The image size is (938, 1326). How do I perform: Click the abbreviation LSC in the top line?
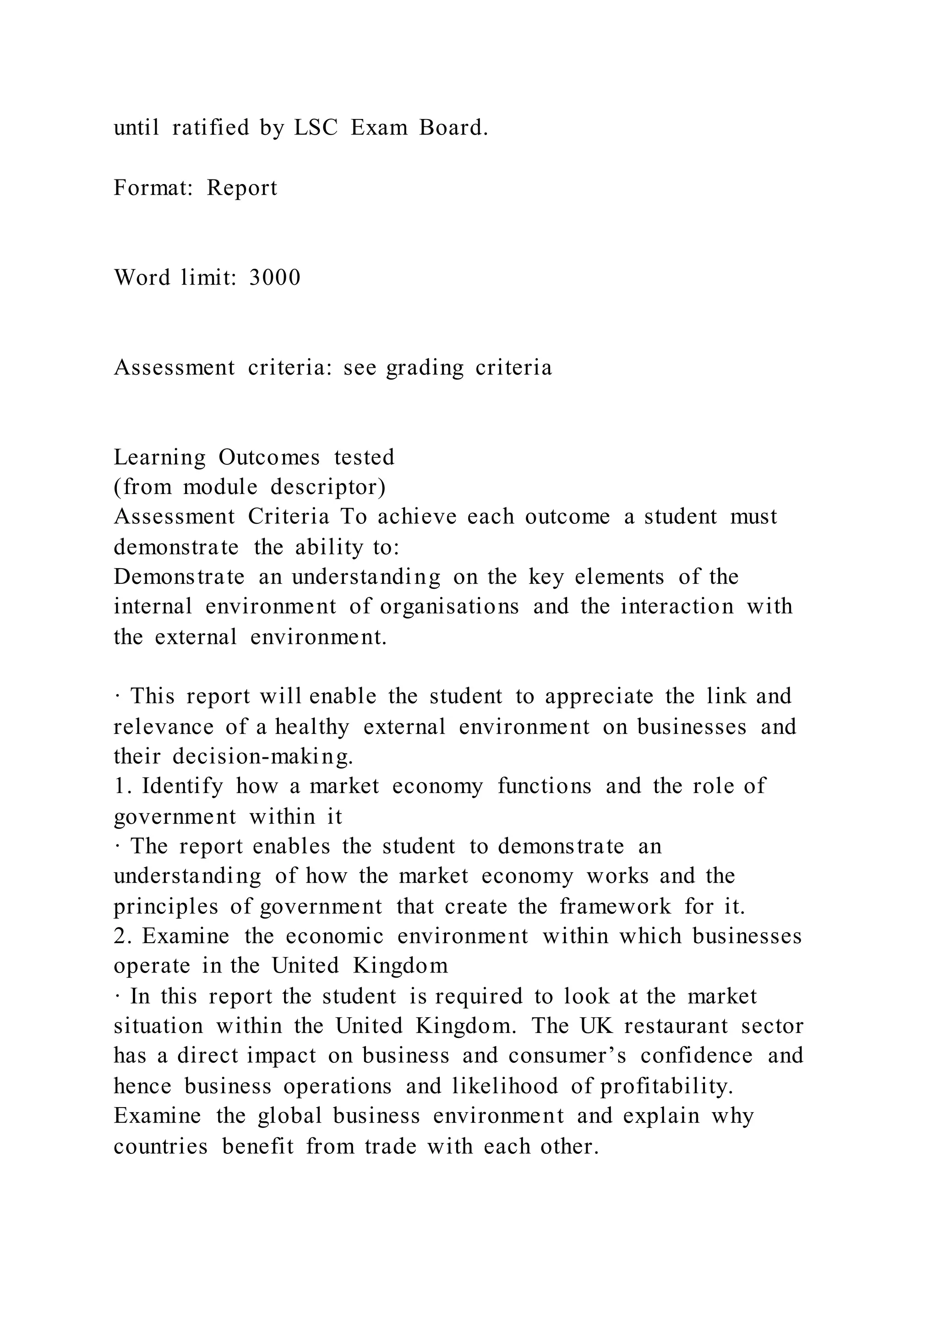[x=316, y=128]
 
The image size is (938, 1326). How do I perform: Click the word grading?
[x=425, y=368]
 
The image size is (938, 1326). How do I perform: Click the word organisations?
[x=449, y=606]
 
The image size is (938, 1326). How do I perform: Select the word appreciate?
[x=599, y=696]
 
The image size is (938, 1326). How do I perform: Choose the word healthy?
[x=312, y=727]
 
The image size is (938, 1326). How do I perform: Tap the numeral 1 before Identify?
[x=119, y=786]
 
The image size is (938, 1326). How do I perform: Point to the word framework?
[x=615, y=906]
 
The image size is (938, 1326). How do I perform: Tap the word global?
[x=289, y=1116]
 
